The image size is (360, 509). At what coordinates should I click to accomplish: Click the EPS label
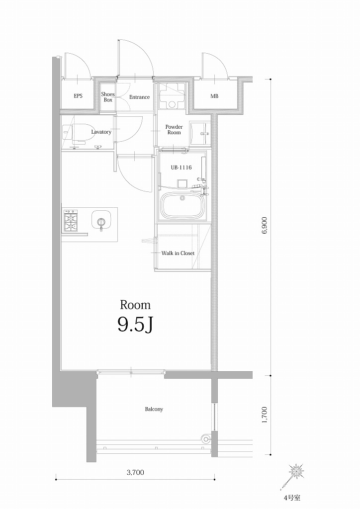point(78,96)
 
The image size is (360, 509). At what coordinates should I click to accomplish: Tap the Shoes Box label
point(108,97)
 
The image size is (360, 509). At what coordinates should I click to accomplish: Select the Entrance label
point(139,97)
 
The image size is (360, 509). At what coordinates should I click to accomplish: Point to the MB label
point(214,96)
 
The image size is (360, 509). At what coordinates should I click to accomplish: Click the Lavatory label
point(101,132)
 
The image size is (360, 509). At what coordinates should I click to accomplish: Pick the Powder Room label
point(174,130)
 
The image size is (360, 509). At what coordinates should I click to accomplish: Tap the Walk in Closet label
point(178,253)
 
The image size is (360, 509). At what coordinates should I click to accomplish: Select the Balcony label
point(154,409)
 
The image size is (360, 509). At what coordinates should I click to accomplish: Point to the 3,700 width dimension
point(135,473)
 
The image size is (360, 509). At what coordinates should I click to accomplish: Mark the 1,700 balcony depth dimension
point(265,415)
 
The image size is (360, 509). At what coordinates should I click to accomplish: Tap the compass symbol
point(296,471)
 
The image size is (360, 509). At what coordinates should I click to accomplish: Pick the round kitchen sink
point(101,220)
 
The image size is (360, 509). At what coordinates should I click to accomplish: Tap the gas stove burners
point(70,221)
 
